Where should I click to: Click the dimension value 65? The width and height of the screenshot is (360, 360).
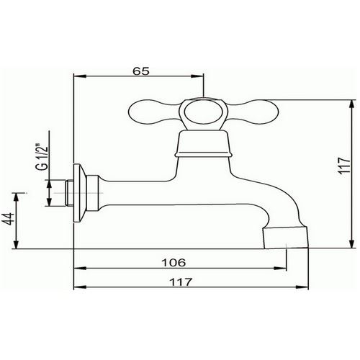(141, 71)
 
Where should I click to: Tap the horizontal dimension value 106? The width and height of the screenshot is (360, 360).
(174, 263)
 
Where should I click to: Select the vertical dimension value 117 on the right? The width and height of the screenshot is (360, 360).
(344, 165)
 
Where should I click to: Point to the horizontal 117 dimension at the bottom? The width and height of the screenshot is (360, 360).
(181, 282)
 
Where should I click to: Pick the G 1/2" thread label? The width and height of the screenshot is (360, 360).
(42, 157)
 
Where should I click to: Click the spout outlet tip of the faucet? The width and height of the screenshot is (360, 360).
(286, 238)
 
